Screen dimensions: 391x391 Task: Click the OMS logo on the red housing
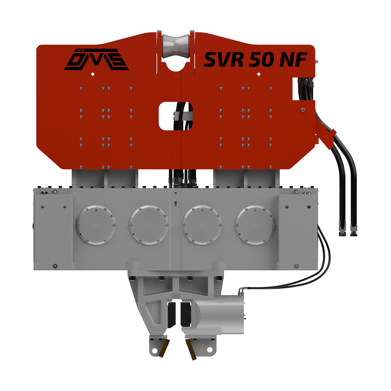96,59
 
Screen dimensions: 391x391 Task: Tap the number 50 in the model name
261,59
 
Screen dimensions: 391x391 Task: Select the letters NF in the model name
293,59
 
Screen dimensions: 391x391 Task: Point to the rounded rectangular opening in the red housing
176,116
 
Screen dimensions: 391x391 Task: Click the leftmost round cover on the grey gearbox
96,225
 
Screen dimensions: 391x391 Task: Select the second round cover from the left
149,225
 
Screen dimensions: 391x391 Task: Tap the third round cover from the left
202,225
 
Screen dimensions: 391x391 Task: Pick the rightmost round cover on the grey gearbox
255,225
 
